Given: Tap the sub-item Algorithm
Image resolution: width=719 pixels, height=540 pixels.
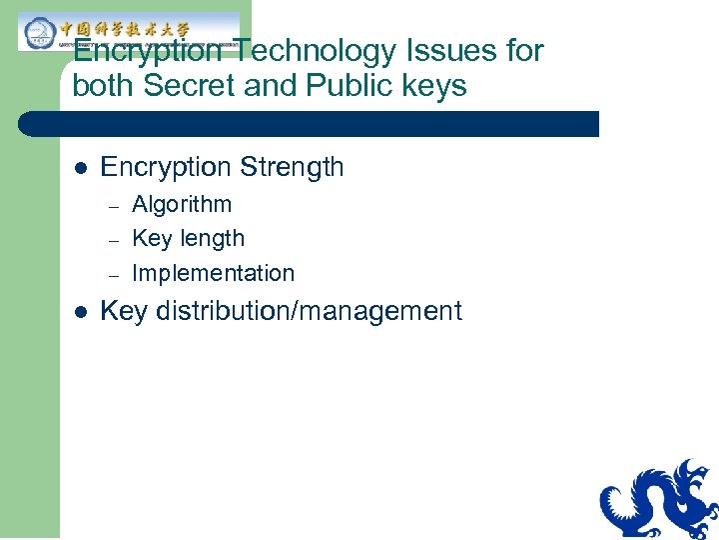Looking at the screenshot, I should [182, 205].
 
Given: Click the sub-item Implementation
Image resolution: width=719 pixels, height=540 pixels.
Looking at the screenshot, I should [213, 273].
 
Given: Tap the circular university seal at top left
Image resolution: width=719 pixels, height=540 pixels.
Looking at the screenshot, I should [38, 33].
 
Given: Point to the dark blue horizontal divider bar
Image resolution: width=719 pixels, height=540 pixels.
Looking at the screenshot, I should [310, 124].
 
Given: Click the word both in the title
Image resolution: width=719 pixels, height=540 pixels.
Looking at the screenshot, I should [104, 86].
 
